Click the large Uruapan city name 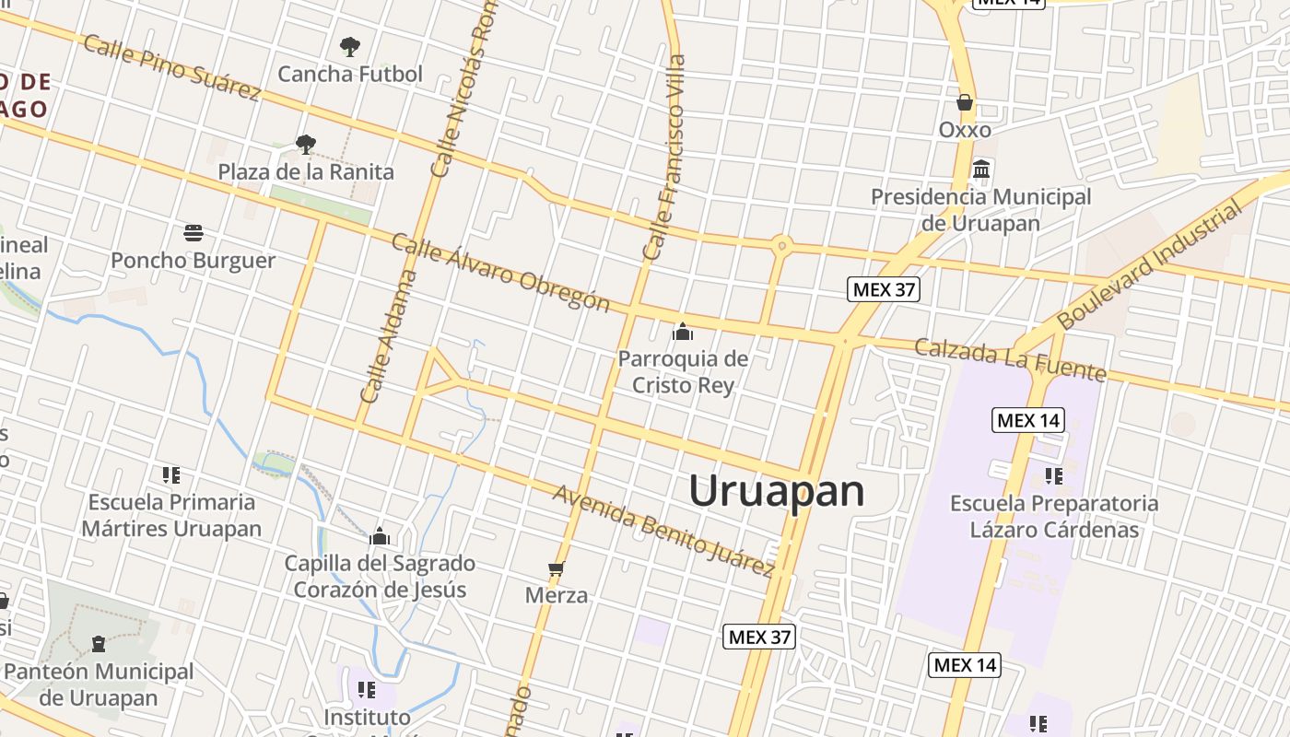pos(777,491)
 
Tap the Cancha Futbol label pos(350,74)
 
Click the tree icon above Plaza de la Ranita pos(306,144)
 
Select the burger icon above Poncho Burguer pos(193,233)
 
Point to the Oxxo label pos(965,130)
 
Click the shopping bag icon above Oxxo pos(965,101)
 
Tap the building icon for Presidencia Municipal pos(981,170)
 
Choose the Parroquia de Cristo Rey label pos(683,371)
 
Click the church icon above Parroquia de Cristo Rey pos(683,332)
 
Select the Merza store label pos(557,595)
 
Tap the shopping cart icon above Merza pos(556,568)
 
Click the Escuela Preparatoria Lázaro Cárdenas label pos(1054,517)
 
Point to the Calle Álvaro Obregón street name pos(500,273)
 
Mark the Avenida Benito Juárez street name pos(663,531)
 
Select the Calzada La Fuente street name pos(1010,359)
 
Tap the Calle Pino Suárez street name pos(172,67)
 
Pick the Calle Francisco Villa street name pos(665,157)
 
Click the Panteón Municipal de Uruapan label pos(99,684)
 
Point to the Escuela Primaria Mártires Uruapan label pos(171,515)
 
